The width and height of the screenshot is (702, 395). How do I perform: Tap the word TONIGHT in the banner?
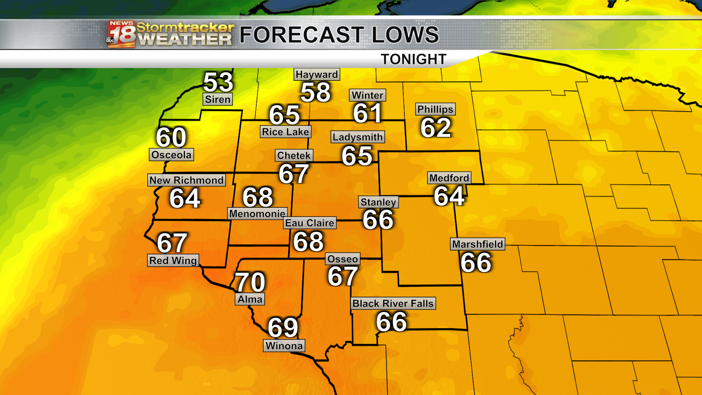[414, 59]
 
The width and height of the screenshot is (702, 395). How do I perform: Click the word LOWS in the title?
[405, 35]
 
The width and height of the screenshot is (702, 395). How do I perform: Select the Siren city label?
[218, 99]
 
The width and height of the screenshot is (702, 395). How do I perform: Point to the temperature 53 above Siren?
[218, 82]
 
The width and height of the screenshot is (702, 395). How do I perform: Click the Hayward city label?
[317, 75]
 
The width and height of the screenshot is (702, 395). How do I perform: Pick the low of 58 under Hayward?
[316, 92]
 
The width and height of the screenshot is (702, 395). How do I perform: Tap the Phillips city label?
[435, 109]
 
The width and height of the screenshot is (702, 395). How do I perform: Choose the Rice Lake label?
[286, 132]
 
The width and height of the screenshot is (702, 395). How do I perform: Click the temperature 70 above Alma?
[250, 282]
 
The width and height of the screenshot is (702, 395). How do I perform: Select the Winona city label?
[284, 346]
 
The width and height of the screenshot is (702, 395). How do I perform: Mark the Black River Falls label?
[393, 304]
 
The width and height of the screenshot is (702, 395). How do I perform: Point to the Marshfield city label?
[478, 244]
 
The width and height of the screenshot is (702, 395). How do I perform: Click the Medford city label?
[449, 178]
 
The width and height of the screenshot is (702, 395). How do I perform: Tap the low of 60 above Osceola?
[171, 138]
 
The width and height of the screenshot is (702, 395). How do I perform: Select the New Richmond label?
[186, 180]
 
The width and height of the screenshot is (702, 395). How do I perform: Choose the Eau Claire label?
[310, 223]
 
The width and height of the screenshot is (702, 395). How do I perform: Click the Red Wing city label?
[173, 261]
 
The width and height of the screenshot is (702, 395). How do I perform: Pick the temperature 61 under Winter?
[367, 113]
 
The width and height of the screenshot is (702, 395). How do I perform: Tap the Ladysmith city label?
[358, 137]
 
